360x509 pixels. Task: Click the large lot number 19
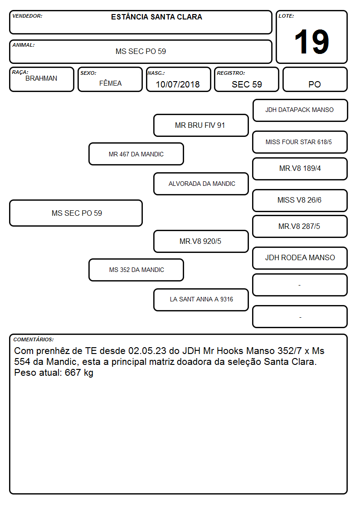311,42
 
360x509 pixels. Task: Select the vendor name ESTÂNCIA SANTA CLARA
156,17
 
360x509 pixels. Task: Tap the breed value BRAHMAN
41,78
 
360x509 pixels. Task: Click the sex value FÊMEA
110,83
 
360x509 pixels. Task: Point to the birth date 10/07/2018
178,84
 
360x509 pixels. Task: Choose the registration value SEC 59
247,84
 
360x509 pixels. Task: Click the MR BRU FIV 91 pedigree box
201,125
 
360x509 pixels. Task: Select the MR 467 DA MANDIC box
136,154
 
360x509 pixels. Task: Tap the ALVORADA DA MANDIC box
201,184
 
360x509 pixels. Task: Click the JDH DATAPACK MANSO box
300,111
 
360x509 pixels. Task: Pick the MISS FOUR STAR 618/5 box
300,142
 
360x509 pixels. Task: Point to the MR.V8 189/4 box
300,169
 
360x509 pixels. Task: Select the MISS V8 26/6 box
300,201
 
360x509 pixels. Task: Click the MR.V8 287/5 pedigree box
300,227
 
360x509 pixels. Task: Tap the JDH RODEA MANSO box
300,258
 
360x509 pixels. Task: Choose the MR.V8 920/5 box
201,241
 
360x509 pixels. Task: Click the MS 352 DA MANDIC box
136,270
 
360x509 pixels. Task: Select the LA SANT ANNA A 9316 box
201,300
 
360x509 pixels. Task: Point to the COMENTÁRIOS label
34,339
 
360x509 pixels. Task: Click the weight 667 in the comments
73,372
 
